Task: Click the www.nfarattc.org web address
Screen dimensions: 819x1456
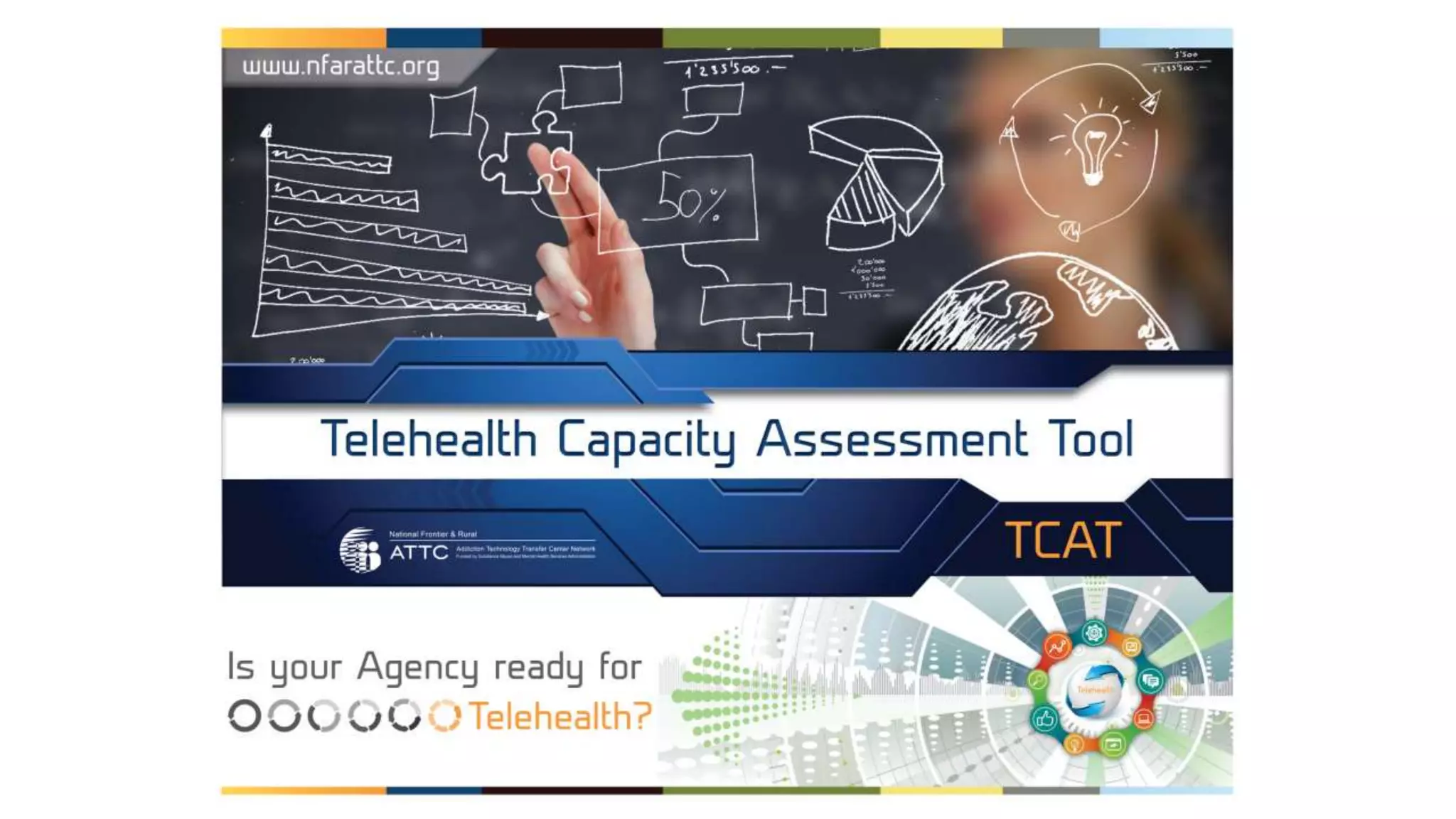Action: pos(341,67)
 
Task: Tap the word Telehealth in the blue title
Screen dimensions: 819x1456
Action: pos(429,439)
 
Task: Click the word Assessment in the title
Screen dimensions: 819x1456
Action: pos(892,439)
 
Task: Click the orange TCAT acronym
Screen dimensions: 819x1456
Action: pos(1063,541)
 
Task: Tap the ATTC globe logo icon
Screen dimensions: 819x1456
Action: pos(360,550)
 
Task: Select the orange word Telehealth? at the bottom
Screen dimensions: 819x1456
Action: pos(560,716)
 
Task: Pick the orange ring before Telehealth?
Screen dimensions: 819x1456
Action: pos(445,715)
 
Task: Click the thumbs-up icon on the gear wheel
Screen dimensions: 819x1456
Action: pos(1044,719)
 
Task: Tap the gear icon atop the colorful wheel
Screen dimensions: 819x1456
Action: pos(1093,632)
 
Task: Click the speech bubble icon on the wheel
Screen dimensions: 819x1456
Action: pos(1150,681)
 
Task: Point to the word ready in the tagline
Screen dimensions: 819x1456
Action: pos(537,667)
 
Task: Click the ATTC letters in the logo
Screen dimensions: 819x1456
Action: pos(419,552)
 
